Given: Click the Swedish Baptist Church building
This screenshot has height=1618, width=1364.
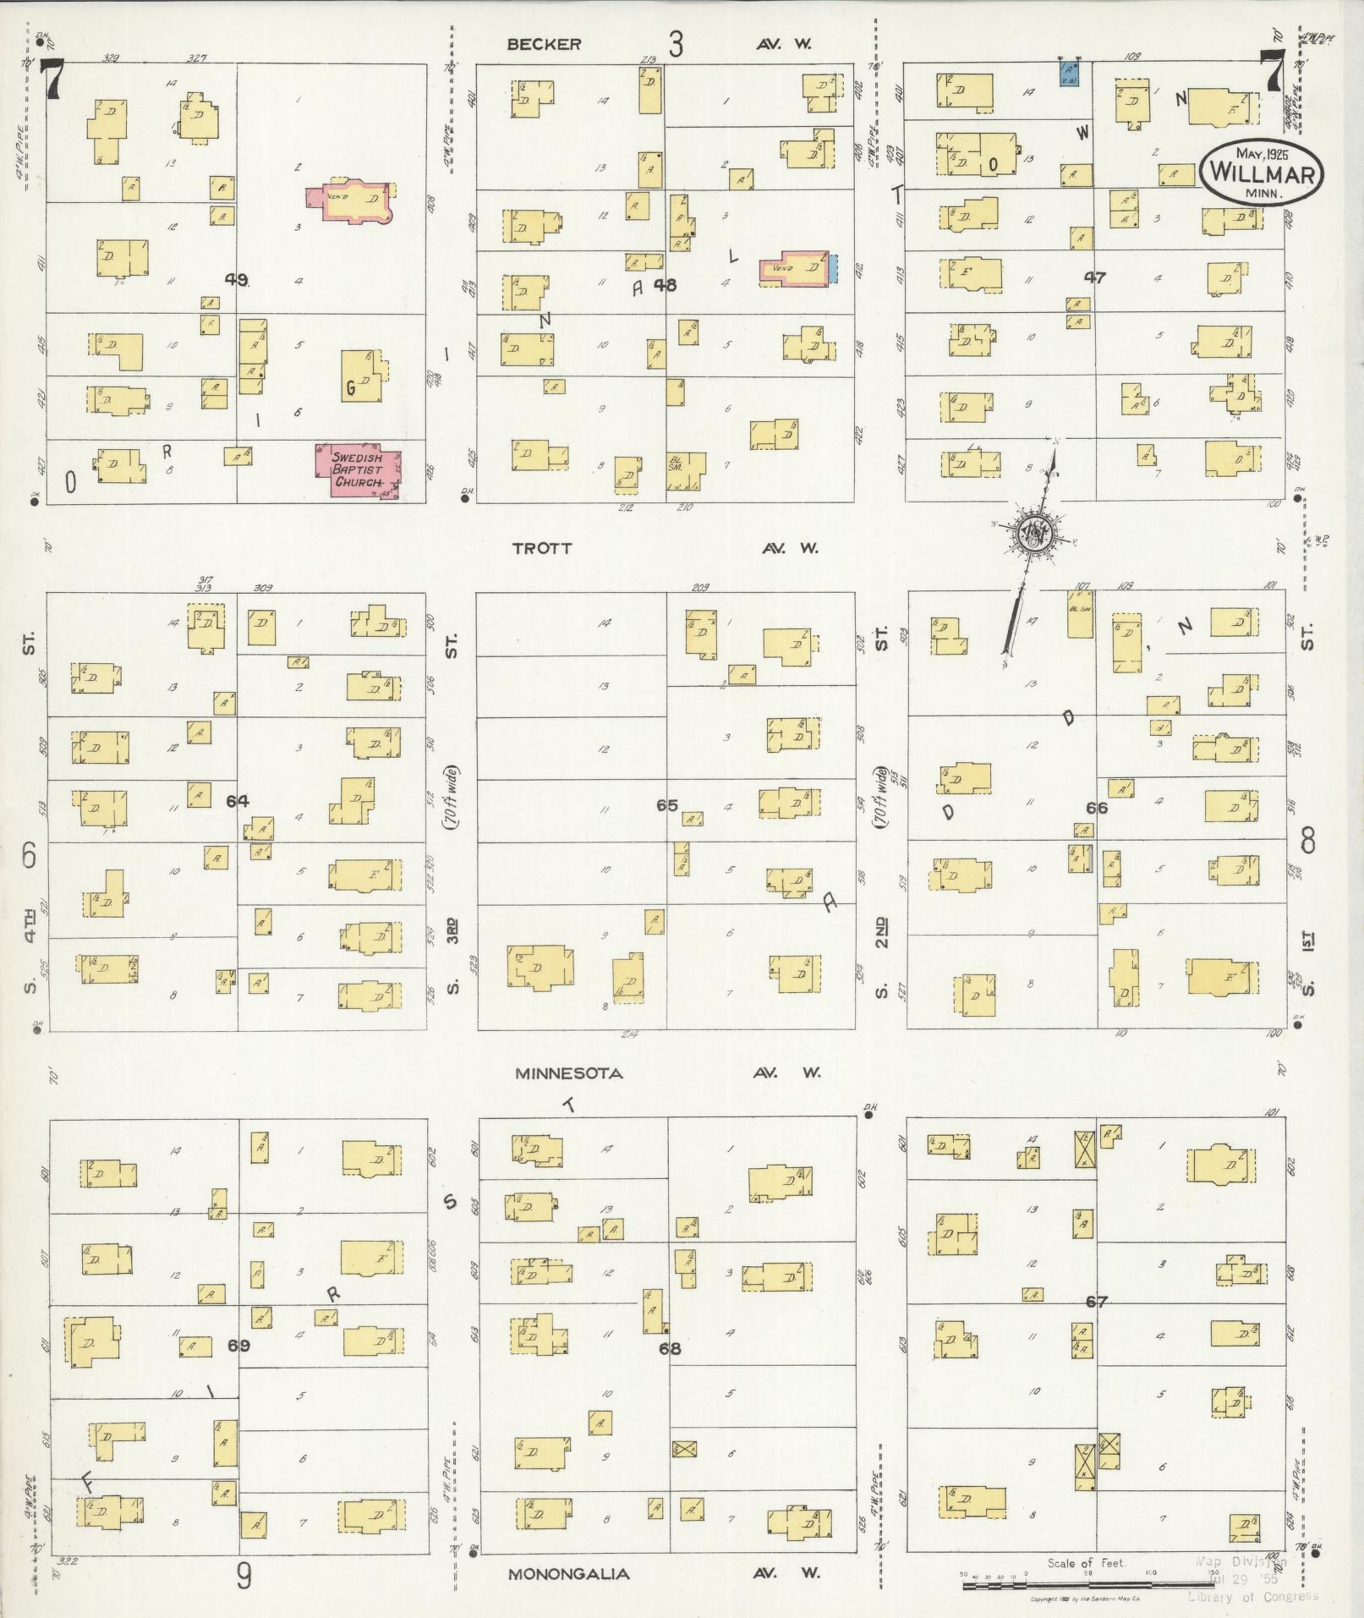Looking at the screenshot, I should [358, 470].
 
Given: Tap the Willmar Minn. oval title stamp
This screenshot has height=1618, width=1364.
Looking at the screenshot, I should [1260, 172].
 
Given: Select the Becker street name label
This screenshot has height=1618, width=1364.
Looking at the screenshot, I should [544, 45].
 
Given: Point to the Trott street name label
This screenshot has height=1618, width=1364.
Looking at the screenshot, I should [541, 548].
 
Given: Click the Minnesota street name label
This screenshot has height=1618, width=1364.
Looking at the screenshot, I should [568, 1073].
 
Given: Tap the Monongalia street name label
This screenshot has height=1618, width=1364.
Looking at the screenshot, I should [567, 1574].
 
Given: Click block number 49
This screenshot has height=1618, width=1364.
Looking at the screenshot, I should [237, 279].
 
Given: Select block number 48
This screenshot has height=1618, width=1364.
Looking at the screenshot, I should [665, 285].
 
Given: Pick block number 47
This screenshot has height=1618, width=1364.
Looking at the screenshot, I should [1094, 277].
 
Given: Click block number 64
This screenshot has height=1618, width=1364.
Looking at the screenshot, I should [238, 801].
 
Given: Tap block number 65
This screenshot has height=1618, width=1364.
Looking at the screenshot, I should [667, 804].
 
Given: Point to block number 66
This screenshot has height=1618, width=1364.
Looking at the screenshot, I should [1096, 808].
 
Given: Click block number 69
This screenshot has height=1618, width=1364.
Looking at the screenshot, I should [238, 1344].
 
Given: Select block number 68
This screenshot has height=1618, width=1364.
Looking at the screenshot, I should [669, 1348].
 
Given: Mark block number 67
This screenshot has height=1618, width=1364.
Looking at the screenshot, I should [1096, 1302].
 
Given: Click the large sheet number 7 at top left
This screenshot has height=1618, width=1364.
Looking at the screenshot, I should [52, 82].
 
